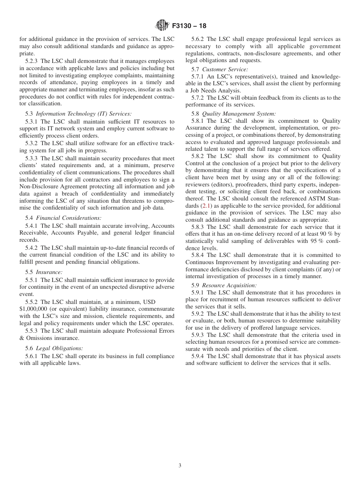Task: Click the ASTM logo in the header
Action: click(x=162, y=26)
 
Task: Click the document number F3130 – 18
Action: click(x=189, y=26)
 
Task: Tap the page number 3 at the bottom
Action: click(x=180, y=466)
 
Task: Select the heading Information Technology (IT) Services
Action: click(x=84, y=114)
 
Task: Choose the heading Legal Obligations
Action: click(x=59, y=348)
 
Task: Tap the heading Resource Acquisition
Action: click(x=229, y=285)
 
